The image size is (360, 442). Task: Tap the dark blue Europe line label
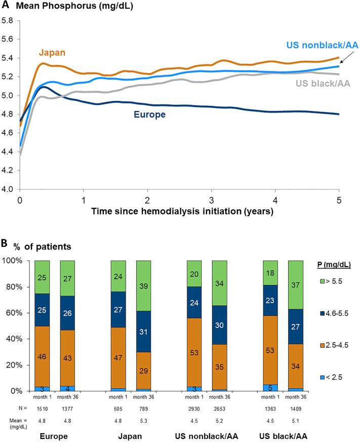(x=150, y=115)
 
